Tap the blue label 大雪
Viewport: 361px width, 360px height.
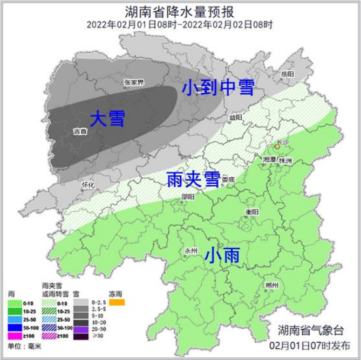107,119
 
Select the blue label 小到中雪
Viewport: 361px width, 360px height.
217,87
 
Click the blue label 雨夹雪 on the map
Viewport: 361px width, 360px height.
192,181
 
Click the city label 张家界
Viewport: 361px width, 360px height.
133,82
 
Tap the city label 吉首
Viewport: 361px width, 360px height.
80,131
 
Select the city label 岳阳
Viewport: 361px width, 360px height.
287,73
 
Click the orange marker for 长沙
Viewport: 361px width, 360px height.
277,146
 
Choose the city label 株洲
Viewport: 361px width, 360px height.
285,161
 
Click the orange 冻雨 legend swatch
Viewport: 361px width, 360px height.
117,302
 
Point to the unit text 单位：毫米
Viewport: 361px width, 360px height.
25,346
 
